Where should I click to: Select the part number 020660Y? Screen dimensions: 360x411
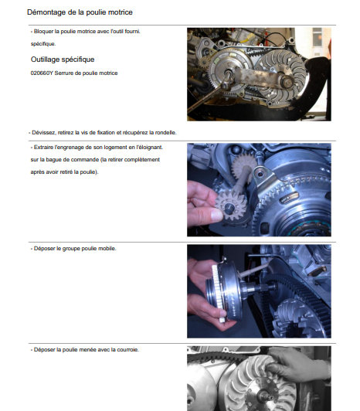[42, 73]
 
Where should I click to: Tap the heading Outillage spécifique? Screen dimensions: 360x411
[63, 59]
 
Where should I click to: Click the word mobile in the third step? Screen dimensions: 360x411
[107, 249]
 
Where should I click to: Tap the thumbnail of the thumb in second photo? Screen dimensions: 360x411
[217, 215]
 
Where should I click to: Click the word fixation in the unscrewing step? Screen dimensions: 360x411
[106, 133]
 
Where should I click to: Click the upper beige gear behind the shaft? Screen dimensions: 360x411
[243, 166]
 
